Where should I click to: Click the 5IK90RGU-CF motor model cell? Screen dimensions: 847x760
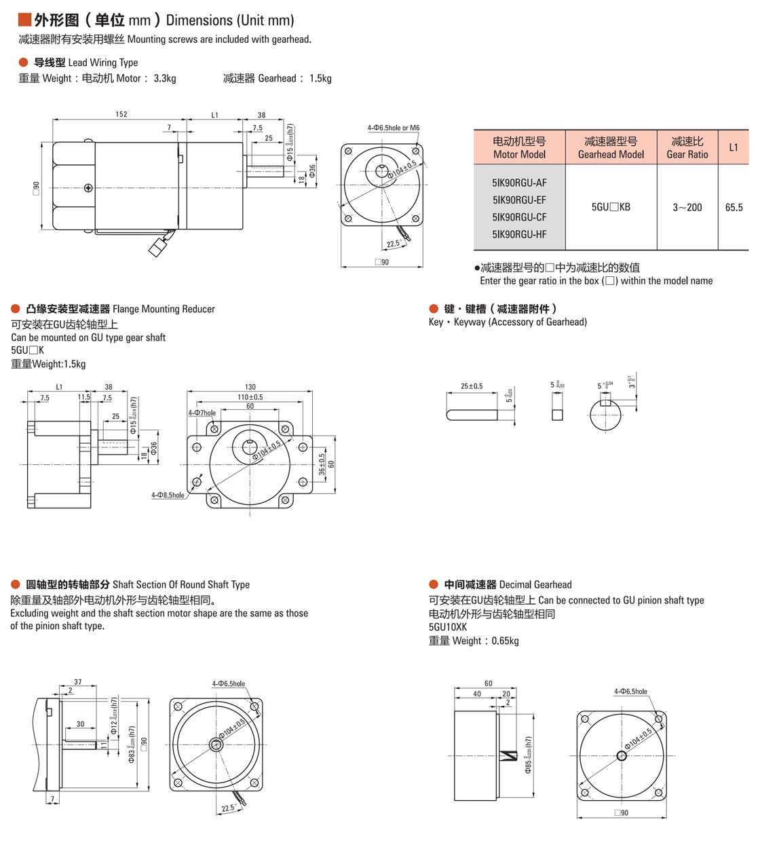pos(519,217)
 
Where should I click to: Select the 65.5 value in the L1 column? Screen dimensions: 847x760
pos(734,208)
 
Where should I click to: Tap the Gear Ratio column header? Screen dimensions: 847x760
pos(687,147)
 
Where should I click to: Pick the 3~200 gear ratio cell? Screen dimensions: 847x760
pos(687,208)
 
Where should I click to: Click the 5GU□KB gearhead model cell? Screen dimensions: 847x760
pos(611,207)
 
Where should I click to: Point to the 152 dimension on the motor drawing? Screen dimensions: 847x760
pos(121,114)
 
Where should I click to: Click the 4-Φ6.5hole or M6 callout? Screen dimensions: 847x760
pos(394,128)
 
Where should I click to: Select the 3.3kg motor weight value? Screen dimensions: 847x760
pos(165,78)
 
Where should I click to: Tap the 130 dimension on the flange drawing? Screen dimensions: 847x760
pos(250,387)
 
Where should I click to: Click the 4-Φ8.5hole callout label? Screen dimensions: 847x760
pos(168,495)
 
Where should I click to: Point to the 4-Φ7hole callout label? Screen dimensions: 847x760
pos(202,413)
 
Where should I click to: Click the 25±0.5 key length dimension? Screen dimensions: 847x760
pos(472,386)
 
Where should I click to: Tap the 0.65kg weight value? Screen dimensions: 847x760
pos(506,641)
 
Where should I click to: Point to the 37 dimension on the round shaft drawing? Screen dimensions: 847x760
pos(78,682)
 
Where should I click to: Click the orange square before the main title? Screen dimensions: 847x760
pos(24,20)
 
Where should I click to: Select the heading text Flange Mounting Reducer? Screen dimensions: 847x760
pos(164,309)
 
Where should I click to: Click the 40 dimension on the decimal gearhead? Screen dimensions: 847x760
pos(477,694)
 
